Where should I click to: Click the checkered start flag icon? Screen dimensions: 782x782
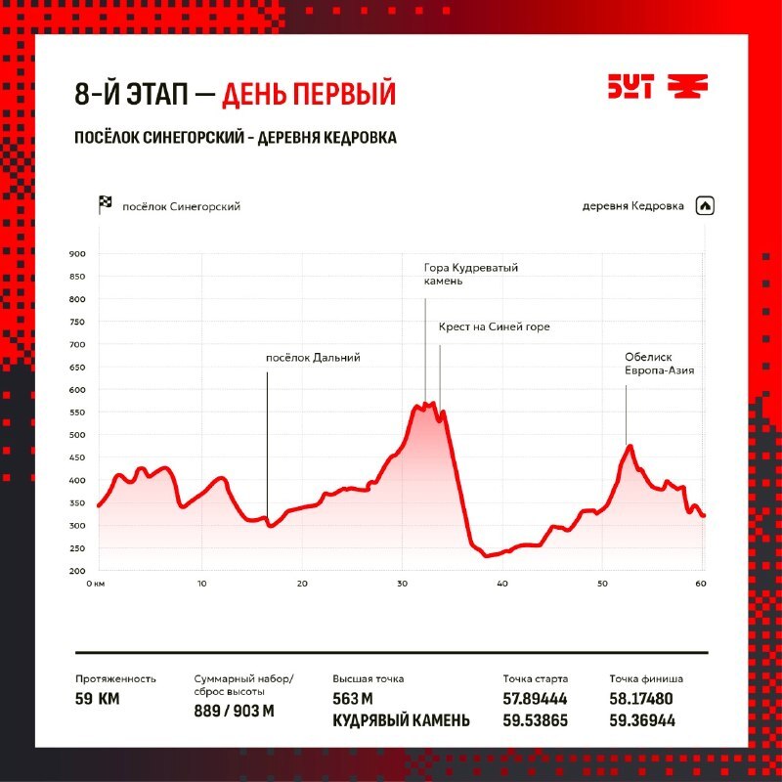(x=105, y=205)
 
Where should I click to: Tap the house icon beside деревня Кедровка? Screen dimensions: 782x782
(x=705, y=206)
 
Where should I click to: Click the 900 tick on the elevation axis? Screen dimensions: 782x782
(x=77, y=254)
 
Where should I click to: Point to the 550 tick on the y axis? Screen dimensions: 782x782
(x=77, y=413)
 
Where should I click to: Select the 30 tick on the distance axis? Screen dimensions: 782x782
(x=402, y=584)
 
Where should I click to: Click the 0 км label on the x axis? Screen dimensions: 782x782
(x=96, y=584)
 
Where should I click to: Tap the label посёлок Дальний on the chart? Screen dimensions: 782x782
(x=313, y=358)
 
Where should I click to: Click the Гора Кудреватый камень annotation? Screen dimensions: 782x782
(x=471, y=275)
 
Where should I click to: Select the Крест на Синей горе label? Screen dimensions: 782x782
(x=495, y=326)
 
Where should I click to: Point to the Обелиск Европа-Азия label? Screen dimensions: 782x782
(x=659, y=364)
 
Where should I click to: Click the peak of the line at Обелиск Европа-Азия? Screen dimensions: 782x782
(x=630, y=446)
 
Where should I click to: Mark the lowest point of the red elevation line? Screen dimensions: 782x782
(x=487, y=555)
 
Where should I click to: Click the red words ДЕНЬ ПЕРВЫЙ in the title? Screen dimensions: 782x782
(x=309, y=93)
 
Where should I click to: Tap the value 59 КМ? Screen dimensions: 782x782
(x=97, y=699)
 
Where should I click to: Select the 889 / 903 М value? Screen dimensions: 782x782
(x=234, y=711)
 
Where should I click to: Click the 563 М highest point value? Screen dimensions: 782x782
(x=353, y=699)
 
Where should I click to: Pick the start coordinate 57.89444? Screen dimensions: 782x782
(x=535, y=699)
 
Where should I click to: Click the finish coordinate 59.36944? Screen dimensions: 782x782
(x=642, y=720)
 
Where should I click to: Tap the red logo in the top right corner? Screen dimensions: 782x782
(x=658, y=87)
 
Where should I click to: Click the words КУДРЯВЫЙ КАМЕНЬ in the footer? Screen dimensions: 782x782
(x=401, y=720)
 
